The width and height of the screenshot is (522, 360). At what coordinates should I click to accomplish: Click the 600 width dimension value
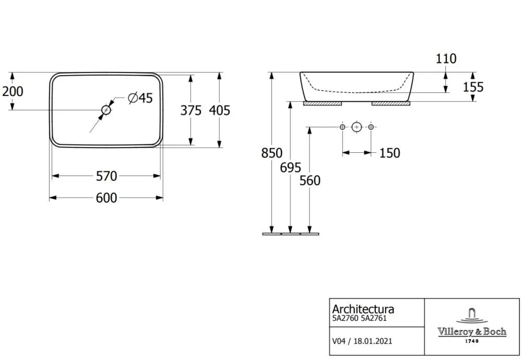coord(106,198)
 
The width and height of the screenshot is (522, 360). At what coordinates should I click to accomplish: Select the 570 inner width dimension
coord(106,176)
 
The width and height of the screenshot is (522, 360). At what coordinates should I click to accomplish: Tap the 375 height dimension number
coord(191,111)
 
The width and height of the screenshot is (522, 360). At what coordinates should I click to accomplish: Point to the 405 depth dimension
coord(219,111)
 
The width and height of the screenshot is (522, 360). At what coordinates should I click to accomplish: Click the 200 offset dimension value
coord(13,91)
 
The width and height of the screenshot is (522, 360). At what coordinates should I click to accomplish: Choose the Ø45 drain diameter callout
coord(140,98)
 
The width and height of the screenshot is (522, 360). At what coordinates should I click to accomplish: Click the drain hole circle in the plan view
coord(106,110)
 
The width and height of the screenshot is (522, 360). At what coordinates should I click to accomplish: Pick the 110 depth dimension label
coord(446,59)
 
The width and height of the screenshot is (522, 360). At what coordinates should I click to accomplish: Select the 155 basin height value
coord(473,87)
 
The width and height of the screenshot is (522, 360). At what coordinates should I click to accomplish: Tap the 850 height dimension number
coord(271,153)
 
